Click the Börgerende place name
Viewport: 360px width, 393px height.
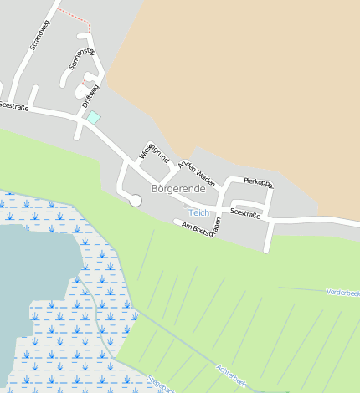point(177,189)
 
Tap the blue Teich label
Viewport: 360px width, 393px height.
point(198,212)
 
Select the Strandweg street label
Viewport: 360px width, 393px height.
point(39,35)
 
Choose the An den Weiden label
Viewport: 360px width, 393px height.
point(196,173)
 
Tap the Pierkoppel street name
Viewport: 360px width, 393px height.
point(258,181)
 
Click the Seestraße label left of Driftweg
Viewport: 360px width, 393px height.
point(14,106)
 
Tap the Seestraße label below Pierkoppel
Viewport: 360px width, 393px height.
point(244,213)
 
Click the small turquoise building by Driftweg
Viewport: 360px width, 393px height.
point(93,118)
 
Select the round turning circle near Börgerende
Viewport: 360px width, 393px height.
point(135,200)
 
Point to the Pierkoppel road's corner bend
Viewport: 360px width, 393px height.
point(270,189)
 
